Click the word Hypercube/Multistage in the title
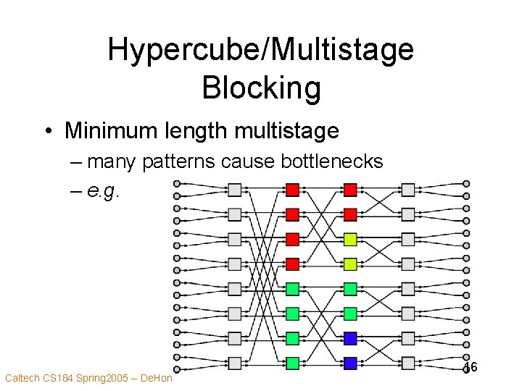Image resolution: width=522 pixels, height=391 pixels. click(x=261, y=51)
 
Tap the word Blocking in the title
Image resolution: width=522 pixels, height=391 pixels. click(x=261, y=88)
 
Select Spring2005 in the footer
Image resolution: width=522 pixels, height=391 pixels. click(x=99, y=378)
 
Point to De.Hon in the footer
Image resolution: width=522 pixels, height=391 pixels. click(x=155, y=378)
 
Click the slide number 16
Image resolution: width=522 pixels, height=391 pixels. click(x=471, y=368)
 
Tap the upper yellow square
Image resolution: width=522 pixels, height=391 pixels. click(x=350, y=239)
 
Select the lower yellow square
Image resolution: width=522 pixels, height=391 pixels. click(x=350, y=264)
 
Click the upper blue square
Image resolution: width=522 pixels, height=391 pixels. click(x=350, y=338)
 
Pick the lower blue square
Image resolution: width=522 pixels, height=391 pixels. click(x=350, y=363)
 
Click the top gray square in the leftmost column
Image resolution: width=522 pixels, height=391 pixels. click(x=235, y=190)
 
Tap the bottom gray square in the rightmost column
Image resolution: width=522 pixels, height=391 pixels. click(x=408, y=363)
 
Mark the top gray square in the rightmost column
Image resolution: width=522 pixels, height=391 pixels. click(x=408, y=190)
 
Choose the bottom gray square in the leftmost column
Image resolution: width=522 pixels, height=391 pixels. click(x=235, y=363)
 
